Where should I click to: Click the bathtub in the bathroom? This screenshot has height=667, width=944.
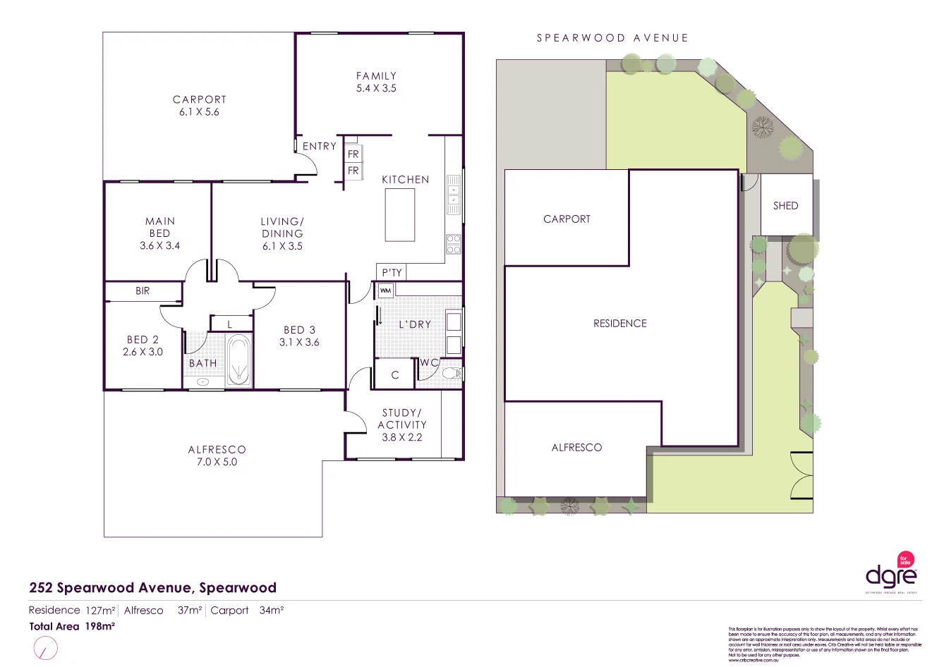tap(238, 360)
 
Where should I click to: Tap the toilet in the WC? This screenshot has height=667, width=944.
tap(452, 373)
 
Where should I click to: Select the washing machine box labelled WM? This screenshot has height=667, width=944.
tap(385, 290)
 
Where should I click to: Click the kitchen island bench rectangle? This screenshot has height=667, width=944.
tap(400, 215)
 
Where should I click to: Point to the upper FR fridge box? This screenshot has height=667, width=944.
tap(353, 154)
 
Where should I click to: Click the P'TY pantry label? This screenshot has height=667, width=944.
tap(392, 272)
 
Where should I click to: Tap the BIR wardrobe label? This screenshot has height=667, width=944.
tap(143, 290)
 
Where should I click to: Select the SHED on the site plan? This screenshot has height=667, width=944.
tap(785, 205)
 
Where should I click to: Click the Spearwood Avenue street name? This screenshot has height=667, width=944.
tap(612, 38)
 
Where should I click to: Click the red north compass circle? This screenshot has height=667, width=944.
tap(45, 647)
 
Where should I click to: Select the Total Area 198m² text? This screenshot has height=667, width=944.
tap(72, 626)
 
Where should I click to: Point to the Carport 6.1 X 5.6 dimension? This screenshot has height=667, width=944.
tap(199, 112)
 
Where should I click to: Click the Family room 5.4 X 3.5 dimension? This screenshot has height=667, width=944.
tap(376, 88)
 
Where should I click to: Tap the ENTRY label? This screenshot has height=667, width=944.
tap(319, 146)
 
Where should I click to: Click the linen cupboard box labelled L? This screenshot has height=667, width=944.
tap(230, 324)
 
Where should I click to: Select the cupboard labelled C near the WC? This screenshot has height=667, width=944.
tap(395, 375)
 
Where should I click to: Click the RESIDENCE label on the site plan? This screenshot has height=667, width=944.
tap(619, 323)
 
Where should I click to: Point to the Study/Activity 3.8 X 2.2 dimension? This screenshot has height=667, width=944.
tap(401, 437)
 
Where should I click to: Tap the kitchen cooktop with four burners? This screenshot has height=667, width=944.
tap(453, 244)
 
